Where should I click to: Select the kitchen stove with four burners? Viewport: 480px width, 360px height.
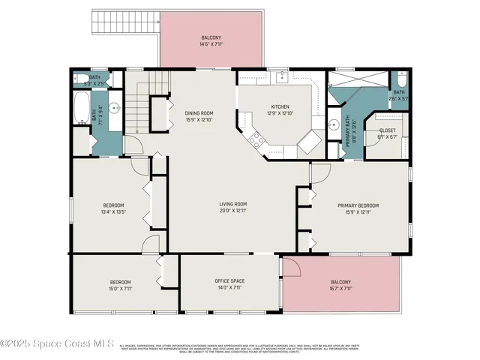256,138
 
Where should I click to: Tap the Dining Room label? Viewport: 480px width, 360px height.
199,113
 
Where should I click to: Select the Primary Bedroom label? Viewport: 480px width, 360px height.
358,205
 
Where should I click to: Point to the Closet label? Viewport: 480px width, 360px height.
387,130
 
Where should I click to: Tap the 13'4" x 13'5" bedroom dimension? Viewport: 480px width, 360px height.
113,212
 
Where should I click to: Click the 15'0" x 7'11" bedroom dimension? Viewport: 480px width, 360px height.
120,289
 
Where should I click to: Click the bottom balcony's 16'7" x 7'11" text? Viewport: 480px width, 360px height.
340,289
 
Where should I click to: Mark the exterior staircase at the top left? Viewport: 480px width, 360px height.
124,21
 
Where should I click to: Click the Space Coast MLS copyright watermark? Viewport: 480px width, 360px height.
57,344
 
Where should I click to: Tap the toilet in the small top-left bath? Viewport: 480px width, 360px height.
79,78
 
